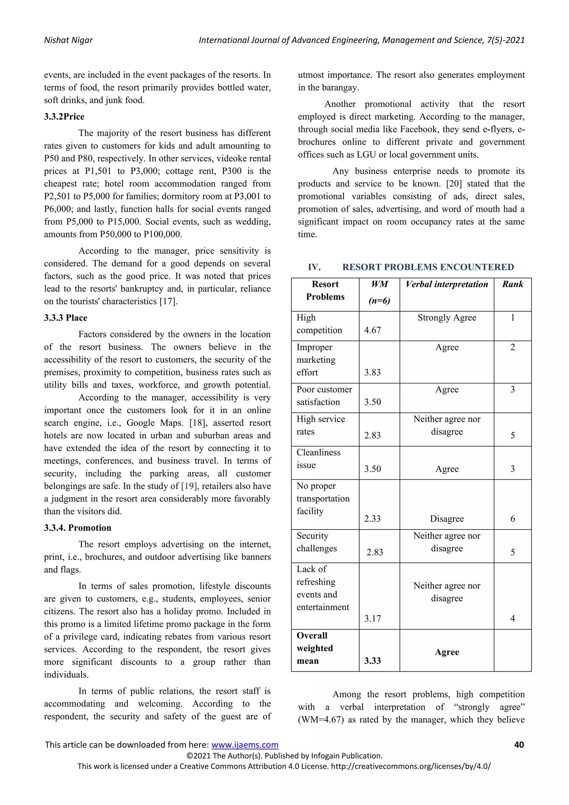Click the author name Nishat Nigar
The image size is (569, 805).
tap(68, 40)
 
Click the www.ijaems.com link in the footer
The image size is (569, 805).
tap(244, 745)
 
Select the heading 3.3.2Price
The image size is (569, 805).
tap(64, 117)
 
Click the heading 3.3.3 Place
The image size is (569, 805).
tap(66, 318)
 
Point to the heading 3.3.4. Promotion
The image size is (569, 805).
tap(78, 528)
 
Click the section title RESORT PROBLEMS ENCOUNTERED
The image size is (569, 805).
tap(428, 267)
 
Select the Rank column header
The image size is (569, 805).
tap(512, 284)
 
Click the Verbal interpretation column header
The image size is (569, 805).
tap(447, 284)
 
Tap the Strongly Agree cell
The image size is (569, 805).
tap(447, 318)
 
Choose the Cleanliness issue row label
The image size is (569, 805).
tap(318, 459)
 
